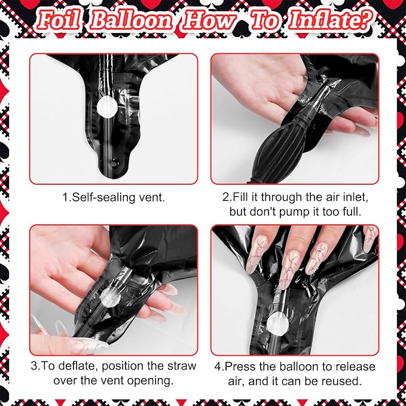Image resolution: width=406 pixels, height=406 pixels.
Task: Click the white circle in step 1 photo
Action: tap(107, 106)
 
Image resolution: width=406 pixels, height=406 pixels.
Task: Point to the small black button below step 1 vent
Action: tap(114, 163)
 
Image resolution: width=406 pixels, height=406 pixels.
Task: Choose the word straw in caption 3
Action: tap(182, 366)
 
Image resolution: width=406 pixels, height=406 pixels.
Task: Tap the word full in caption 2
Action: tap(352, 212)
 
